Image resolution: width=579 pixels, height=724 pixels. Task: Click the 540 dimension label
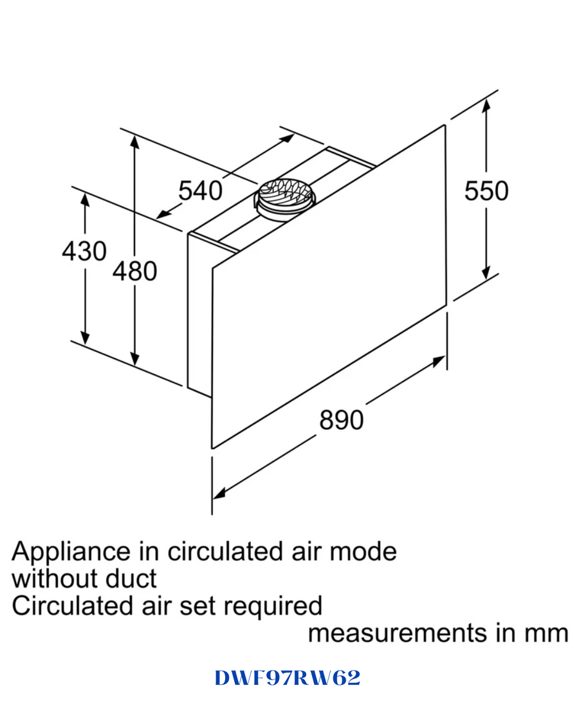[200, 190]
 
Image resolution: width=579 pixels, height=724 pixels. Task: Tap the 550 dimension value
[486, 190]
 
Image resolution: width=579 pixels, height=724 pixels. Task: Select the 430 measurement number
[84, 251]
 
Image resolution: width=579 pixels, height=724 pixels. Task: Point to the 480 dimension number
[135, 271]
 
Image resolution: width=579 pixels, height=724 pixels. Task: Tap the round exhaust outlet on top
[284, 200]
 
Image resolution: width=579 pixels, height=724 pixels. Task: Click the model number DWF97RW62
[287, 678]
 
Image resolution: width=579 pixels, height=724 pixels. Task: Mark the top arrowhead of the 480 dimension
[134, 141]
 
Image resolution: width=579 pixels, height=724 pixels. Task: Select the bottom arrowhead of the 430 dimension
[85, 338]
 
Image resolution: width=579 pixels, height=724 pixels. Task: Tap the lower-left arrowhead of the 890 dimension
[219, 493]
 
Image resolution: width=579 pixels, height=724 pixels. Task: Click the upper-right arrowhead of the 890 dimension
[439, 362]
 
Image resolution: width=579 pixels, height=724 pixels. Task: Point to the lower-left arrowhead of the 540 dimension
[163, 214]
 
